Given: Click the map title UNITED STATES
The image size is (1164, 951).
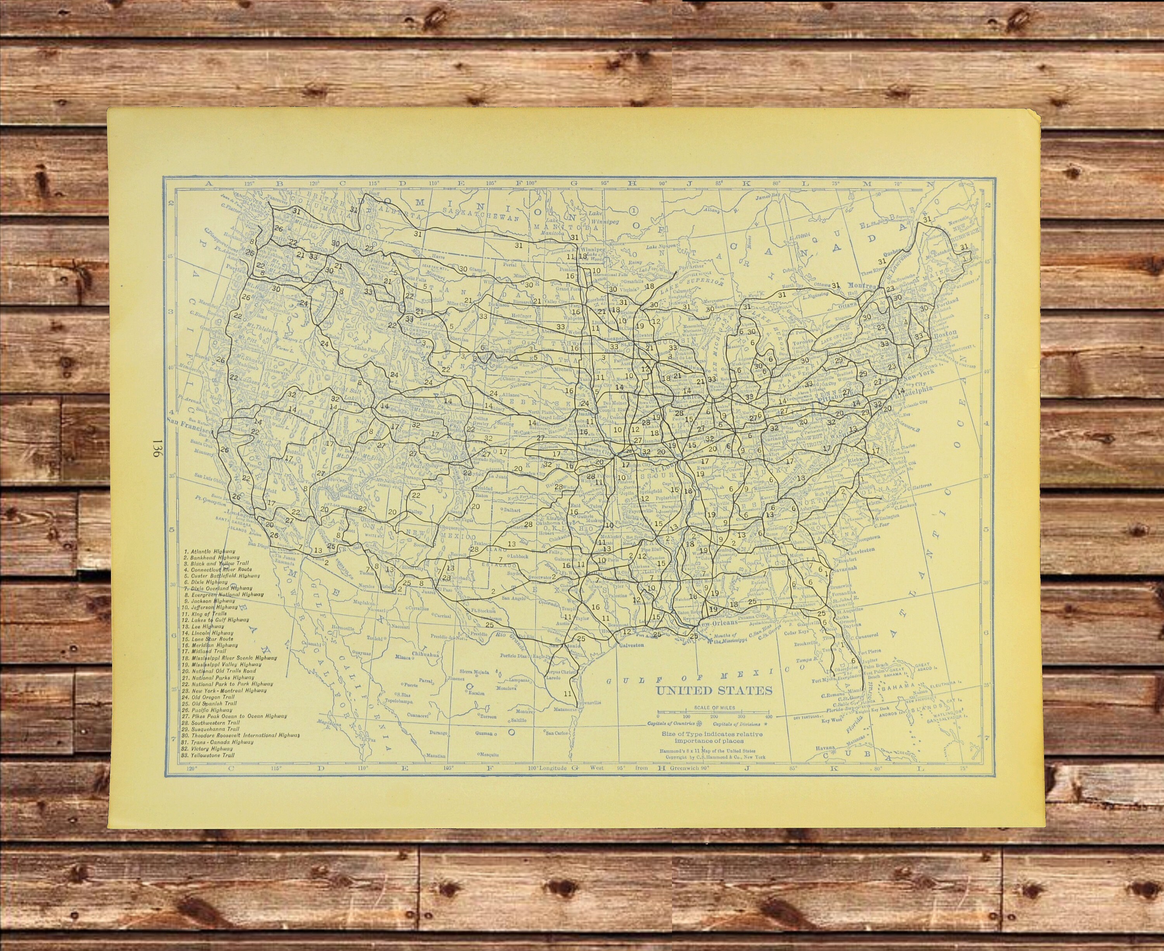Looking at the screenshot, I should (x=714, y=690).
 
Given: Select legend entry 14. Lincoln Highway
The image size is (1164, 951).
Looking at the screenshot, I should (x=205, y=633).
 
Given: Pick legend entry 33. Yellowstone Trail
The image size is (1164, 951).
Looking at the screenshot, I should (x=208, y=755).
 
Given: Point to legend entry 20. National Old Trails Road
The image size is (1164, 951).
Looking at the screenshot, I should (x=219, y=671).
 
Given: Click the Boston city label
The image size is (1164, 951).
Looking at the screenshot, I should (x=946, y=333).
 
